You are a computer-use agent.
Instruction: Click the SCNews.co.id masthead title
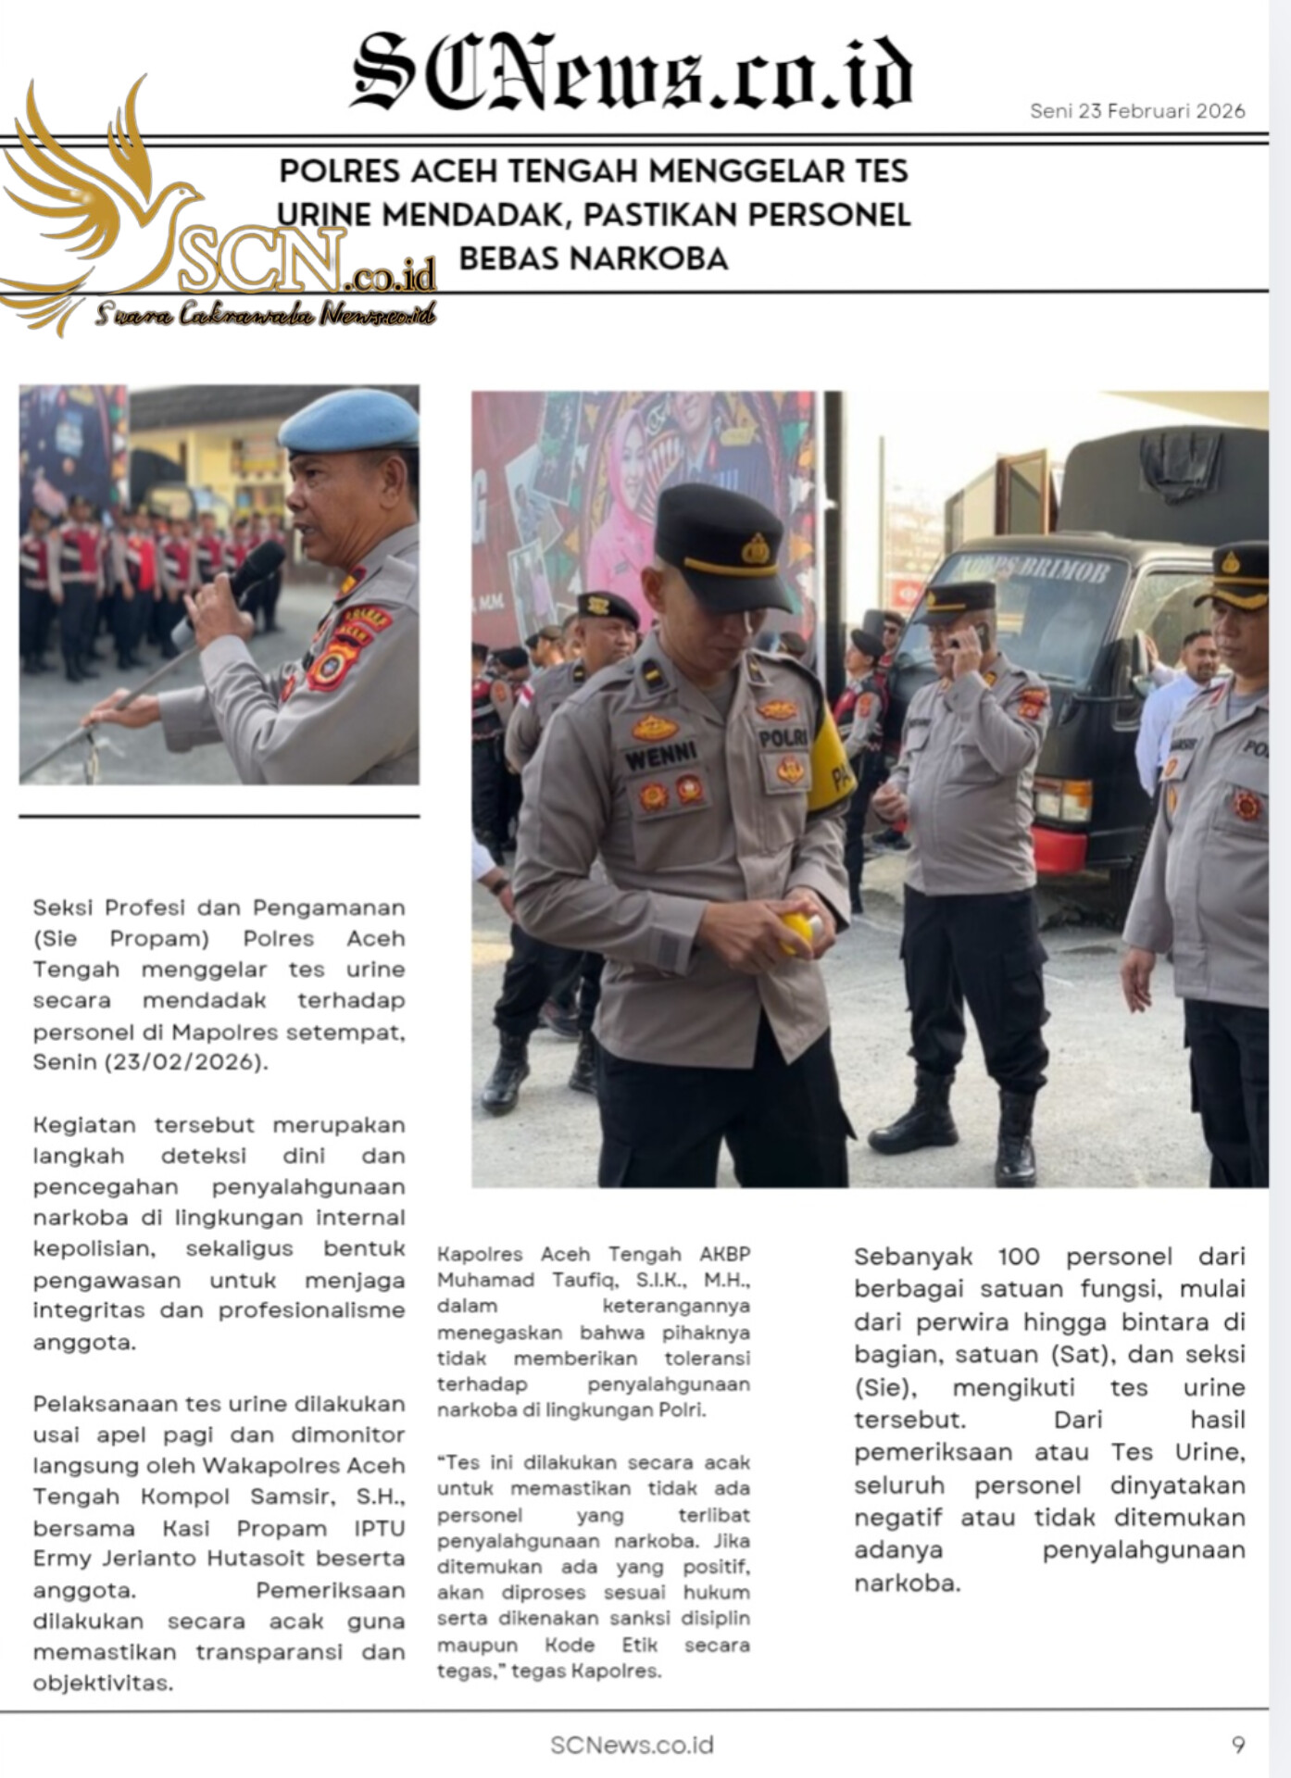point(632,72)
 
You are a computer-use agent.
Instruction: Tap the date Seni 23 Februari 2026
point(1137,111)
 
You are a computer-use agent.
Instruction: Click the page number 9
point(1238,1746)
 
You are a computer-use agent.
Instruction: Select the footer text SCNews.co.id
point(632,1746)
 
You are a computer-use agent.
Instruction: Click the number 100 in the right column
point(1019,1257)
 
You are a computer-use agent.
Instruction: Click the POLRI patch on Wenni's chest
point(783,738)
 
